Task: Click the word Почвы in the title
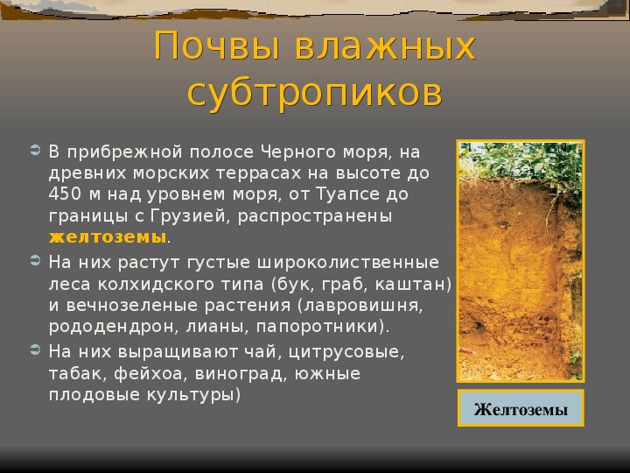pyautogui.click(x=217, y=46)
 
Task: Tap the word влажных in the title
pyautogui.click(x=385, y=46)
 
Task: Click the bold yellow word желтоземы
pyautogui.click(x=108, y=237)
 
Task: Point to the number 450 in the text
pyautogui.click(x=64, y=194)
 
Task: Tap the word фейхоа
pyautogui.click(x=148, y=374)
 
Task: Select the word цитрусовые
pyautogui.click(x=346, y=352)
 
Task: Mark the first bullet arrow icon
pyautogui.click(x=35, y=151)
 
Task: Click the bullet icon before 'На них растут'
pyautogui.click(x=35, y=261)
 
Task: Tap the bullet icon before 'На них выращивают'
pyautogui.click(x=35, y=349)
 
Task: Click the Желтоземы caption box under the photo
pyautogui.click(x=521, y=408)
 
